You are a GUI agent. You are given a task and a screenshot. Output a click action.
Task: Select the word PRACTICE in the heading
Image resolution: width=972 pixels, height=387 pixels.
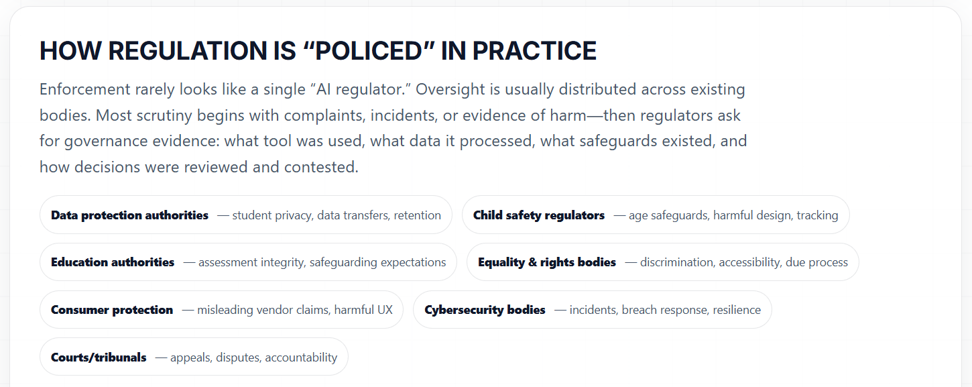[534, 51]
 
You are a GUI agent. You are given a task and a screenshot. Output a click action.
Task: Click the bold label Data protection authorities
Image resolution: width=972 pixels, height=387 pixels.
[129, 215]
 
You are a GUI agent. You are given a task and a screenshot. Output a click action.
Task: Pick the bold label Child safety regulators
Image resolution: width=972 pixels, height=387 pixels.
[539, 215]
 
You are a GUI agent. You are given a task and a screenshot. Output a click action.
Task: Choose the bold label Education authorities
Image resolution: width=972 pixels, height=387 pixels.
[113, 262]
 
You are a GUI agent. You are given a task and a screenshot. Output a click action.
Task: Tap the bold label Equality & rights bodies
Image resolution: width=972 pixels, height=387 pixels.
[547, 262]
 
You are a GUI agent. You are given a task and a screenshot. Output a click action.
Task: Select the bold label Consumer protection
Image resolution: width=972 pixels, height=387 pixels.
[112, 310]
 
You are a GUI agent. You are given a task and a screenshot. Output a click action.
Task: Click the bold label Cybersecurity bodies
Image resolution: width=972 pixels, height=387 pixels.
[485, 310]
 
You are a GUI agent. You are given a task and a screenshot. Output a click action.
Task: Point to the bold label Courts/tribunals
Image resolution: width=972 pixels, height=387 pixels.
[99, 357]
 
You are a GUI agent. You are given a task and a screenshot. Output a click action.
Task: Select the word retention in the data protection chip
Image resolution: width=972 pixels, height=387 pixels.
[417, 215]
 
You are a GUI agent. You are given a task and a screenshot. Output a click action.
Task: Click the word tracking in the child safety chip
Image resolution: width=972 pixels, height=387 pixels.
[817, 215]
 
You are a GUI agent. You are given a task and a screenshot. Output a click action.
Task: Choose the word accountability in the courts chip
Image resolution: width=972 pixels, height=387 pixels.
[301, 357]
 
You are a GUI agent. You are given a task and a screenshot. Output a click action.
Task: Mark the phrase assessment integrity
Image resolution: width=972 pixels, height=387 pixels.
[250, 262]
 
